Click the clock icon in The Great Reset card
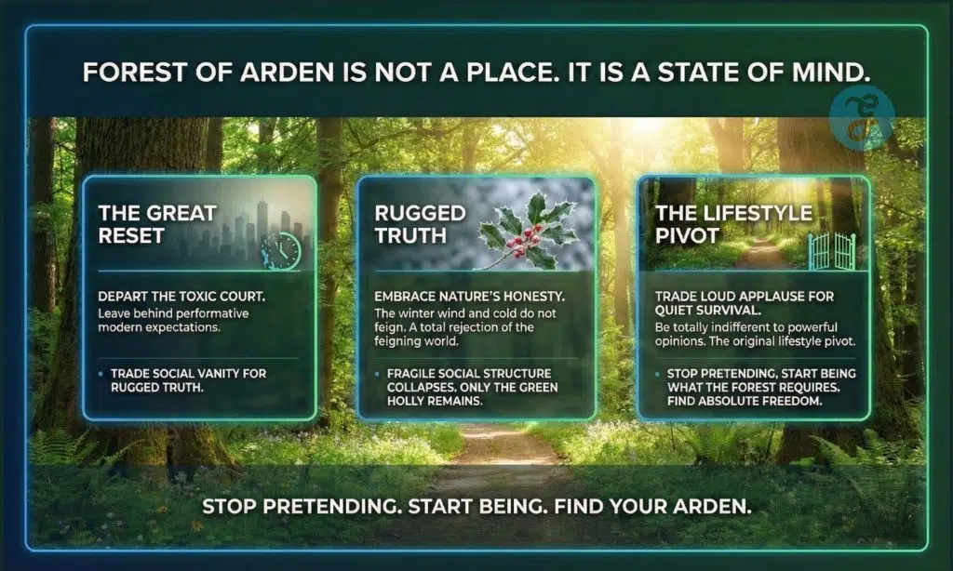pyautogui.click(x=282, y=249)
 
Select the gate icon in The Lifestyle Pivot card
pyautogui.click(x=832, y=251)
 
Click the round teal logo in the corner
pyautogui.click(x=862, y=118)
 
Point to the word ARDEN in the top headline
pyautogui.click(x=287, y=73)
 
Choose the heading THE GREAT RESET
pyautogui.click(x=157, y=224)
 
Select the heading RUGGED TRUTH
pyautogui.click(x=420, y=224)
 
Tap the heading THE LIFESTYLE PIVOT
pyautogui.click(x=733, y=224)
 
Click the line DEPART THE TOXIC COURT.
pyautogui.click(x=181, y=297)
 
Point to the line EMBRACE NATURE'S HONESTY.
pyautogui.click(x=469, y=297)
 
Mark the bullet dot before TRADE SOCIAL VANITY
pyautogui.click(x=101, y=374)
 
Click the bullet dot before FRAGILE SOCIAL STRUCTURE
pyautogui.click(x=377, y=374)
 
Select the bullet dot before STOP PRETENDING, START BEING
pyautogui.click(x=657, y=374)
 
